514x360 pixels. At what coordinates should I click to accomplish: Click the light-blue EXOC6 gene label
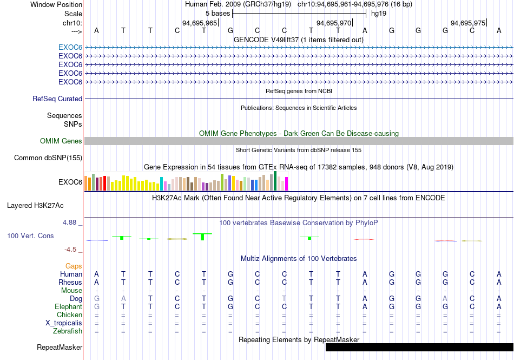[x=70, y=47]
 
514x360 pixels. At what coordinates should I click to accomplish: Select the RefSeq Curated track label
[x=57, y=99]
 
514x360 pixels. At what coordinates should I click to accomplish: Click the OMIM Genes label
[x=61, y=141]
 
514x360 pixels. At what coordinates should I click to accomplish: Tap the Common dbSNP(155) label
[x=48, y=158]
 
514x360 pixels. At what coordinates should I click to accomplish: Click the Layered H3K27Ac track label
[x=35, y=206]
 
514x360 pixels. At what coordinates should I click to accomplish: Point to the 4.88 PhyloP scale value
[x=69, y=222]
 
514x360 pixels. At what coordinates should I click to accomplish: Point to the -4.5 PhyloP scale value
[x=70, y=250]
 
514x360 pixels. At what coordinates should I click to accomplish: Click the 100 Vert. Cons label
[x=30, y=235]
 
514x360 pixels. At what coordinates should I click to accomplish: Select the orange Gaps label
[x=74, y=266]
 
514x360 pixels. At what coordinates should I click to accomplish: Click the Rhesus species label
[x=70, y=282]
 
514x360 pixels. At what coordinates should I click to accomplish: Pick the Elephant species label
[x=69, y=306]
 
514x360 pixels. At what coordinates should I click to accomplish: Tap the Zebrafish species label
[x=68, y=331]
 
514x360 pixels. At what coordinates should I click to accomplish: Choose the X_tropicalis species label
[x=64, y=323]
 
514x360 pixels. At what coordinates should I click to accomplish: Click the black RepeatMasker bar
[x=420, y=347]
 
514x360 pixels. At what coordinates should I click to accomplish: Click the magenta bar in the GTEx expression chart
[x=287, y=184]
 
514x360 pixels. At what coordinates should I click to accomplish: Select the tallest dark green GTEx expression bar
[x=275, y=181]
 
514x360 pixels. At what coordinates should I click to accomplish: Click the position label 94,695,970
[x=333, y=23]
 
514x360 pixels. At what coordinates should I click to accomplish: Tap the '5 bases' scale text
[x=218, y=14]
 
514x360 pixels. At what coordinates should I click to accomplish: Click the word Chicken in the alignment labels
[x=69, y=315]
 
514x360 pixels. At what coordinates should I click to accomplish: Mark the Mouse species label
[x=71, y=291]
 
